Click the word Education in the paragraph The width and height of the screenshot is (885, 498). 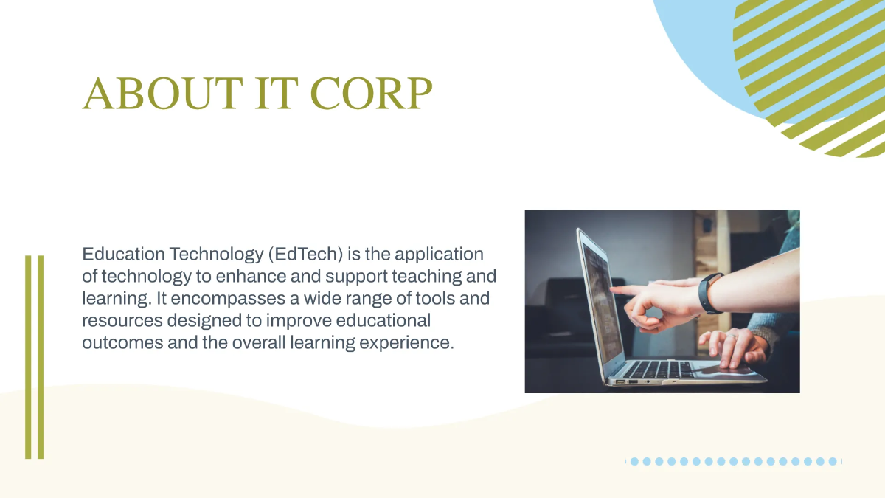123,255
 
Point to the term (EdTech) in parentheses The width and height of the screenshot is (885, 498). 306,255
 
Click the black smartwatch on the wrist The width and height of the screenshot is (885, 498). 709,293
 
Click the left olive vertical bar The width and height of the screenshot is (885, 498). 28,357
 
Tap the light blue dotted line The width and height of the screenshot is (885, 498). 734,461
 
